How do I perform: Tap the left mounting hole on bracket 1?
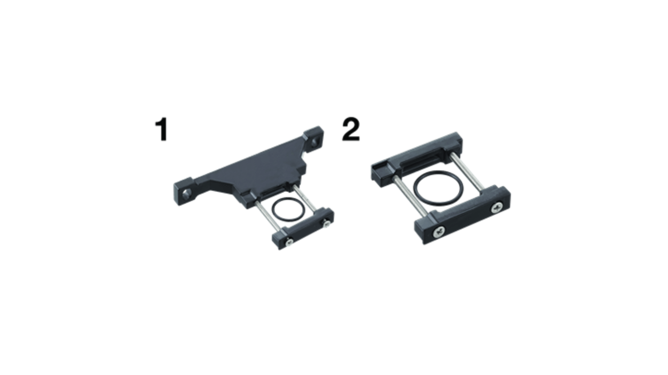[187, 192]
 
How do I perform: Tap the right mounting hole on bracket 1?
[315, 142]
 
